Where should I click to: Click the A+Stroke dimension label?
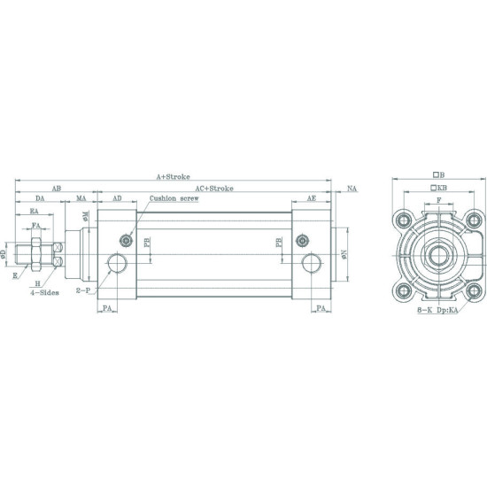(174, 177)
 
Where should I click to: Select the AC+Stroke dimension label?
(215, 189)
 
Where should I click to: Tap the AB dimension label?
(56, 189)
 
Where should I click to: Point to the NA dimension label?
(352, 189)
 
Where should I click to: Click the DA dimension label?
(40, 199)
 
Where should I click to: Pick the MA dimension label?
(81, 199)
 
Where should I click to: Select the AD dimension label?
(117, 199)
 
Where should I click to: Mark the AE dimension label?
(311, 199)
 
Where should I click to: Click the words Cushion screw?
(174, 199)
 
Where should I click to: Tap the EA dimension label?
(35, 213)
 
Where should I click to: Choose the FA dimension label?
(36, 227)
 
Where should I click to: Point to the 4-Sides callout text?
(43, 290)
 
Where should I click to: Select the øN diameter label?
(344, 253)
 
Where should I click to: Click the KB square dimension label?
(438, 189)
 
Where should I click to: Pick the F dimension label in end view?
(438, 201)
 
